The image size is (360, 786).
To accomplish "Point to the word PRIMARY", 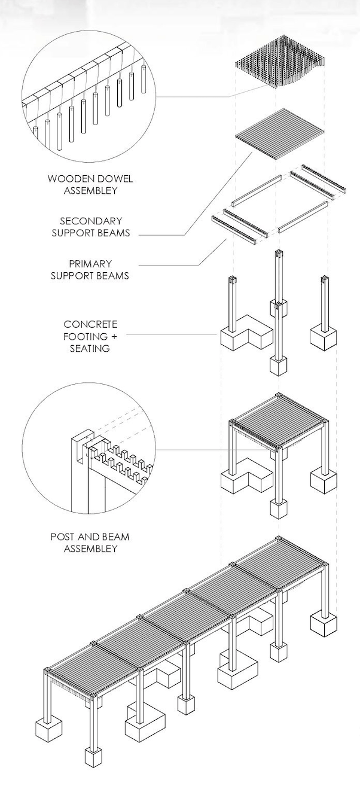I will click(x=90, y=263).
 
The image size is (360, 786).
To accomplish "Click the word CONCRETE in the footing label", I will click(x=89, y=324).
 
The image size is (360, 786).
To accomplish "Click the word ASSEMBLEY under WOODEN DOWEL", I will click(x=90, y=191).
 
